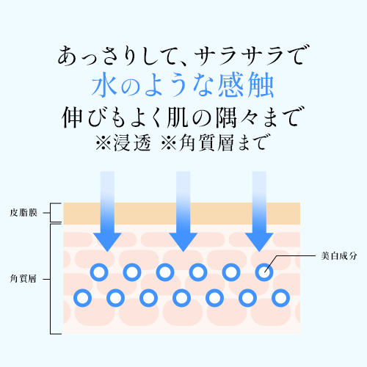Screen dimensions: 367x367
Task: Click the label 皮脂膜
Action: pos(23,213)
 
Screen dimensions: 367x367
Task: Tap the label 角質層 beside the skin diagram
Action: pos(23,279)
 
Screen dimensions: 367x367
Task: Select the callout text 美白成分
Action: pos(339,256)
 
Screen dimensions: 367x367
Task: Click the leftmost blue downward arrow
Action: pos(107,211)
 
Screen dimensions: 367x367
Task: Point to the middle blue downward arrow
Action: pos(183,211)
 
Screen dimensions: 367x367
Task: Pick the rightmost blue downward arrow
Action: pos(259,211)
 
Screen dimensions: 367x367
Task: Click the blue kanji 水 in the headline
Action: pos(104,84)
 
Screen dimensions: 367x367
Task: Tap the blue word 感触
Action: pos(246,85)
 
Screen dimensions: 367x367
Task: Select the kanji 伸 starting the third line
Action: pos(72,117)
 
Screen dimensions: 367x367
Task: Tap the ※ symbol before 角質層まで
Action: pos(169,143)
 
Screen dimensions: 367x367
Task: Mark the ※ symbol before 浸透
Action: pos(103,143)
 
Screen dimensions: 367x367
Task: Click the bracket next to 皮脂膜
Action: pos(51,213)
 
